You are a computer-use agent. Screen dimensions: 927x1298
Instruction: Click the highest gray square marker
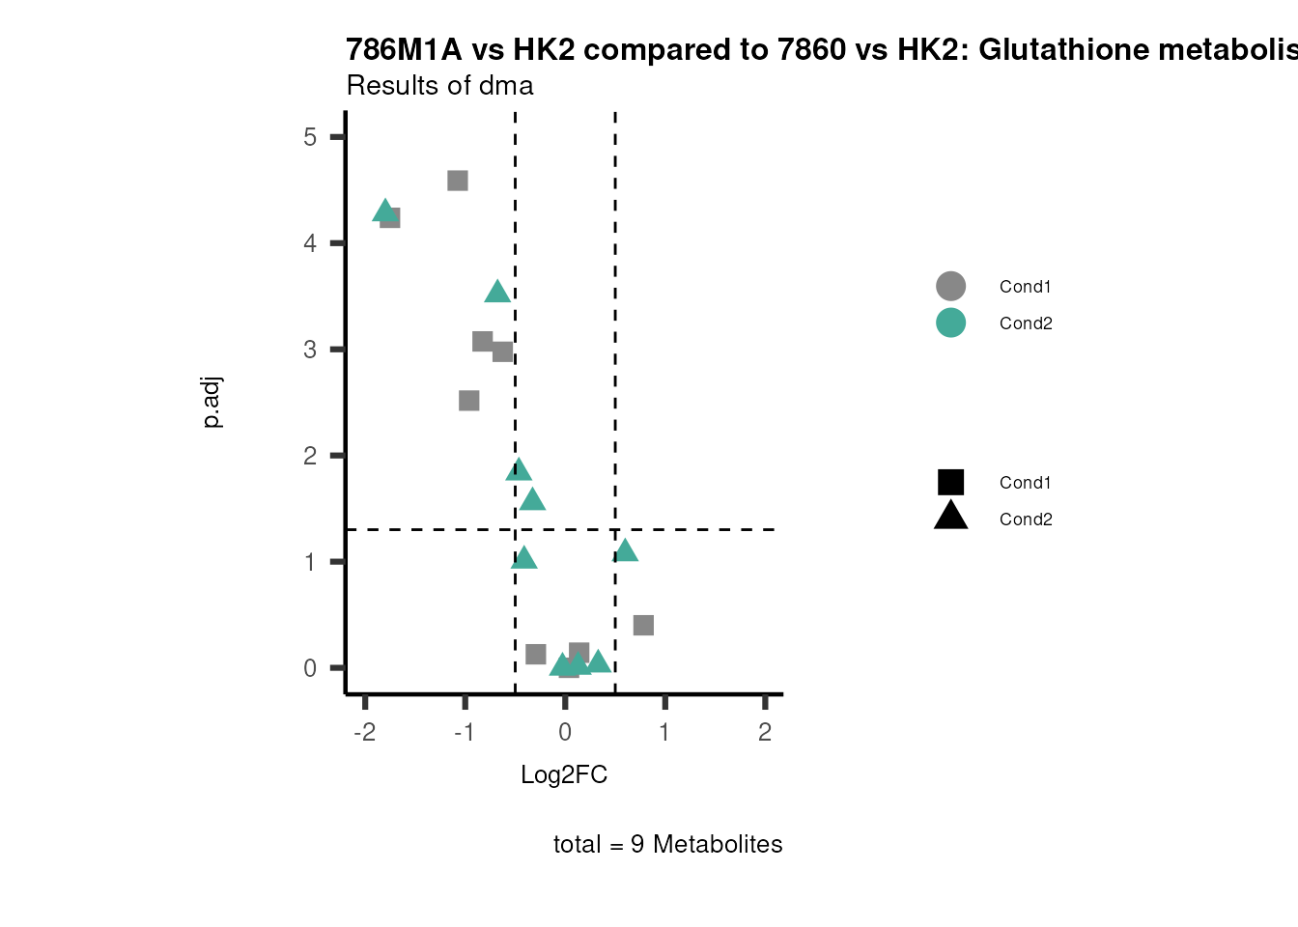pos(458,181)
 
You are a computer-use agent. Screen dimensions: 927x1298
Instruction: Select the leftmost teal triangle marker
pos(384,211)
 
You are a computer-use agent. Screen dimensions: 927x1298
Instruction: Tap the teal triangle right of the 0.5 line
pos(626,551)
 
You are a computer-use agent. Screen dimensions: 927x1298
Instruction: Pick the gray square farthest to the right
pos(643,626)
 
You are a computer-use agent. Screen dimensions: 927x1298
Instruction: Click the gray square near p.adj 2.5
pos(469,401)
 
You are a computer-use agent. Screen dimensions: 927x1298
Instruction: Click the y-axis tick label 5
pos(310,137)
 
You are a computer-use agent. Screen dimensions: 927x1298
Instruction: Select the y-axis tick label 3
pos(310,350)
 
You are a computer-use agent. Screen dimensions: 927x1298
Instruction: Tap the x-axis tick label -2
pos(364,732)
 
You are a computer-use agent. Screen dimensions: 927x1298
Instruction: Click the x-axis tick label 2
pos(765,732)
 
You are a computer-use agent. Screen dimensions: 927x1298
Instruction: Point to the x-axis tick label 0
pos(565,732)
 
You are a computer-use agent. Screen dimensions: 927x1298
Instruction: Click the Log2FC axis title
pos(564,775)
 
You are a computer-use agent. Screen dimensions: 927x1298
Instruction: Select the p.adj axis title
pos(212,403)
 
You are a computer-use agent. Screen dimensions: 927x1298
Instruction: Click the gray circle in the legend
pos(950,286)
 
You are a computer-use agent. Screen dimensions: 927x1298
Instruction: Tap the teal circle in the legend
pos(950,323)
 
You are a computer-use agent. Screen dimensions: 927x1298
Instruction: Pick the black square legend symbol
pos(950,482)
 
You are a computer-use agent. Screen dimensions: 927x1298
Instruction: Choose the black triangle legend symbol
pos(950,517)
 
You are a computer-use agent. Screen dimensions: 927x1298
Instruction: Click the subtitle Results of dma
pos(439,86)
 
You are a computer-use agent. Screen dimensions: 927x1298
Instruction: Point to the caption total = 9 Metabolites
pos(667,845)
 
